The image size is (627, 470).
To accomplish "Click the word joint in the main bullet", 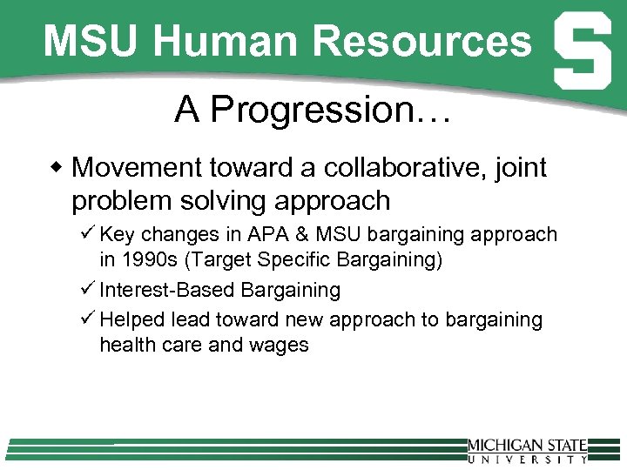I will [520, 167].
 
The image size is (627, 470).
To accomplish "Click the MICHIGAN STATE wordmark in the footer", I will [528, 446].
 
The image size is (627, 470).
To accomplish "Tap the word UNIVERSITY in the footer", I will [528, 459].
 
